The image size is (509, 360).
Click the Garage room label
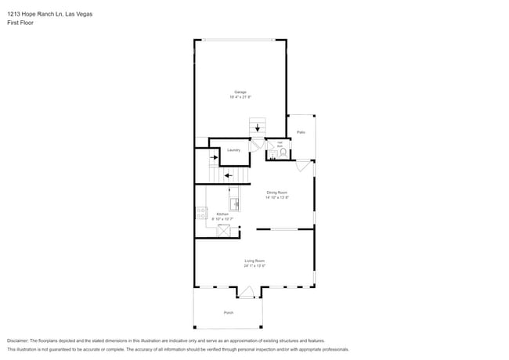tap(240, 92)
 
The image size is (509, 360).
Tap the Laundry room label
tap(233, 149)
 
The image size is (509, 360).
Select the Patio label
tap(301, 132)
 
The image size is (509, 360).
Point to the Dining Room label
tap(277, 193)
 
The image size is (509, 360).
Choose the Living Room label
tap(254, 261)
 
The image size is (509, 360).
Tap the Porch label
tap(229, 312)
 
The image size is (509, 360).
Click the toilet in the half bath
tap(283, 153)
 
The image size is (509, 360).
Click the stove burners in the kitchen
tap(201, 214)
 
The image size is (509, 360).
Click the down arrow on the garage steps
tap(258, 128)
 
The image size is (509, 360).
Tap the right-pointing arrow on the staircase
tap(213, 157)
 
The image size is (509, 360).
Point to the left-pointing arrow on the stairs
tap(228, 175)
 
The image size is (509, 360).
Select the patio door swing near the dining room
tap(302, 166)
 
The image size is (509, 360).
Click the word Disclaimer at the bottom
tap(21, 341)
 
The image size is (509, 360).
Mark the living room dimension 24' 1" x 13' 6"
tap(254, 266)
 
